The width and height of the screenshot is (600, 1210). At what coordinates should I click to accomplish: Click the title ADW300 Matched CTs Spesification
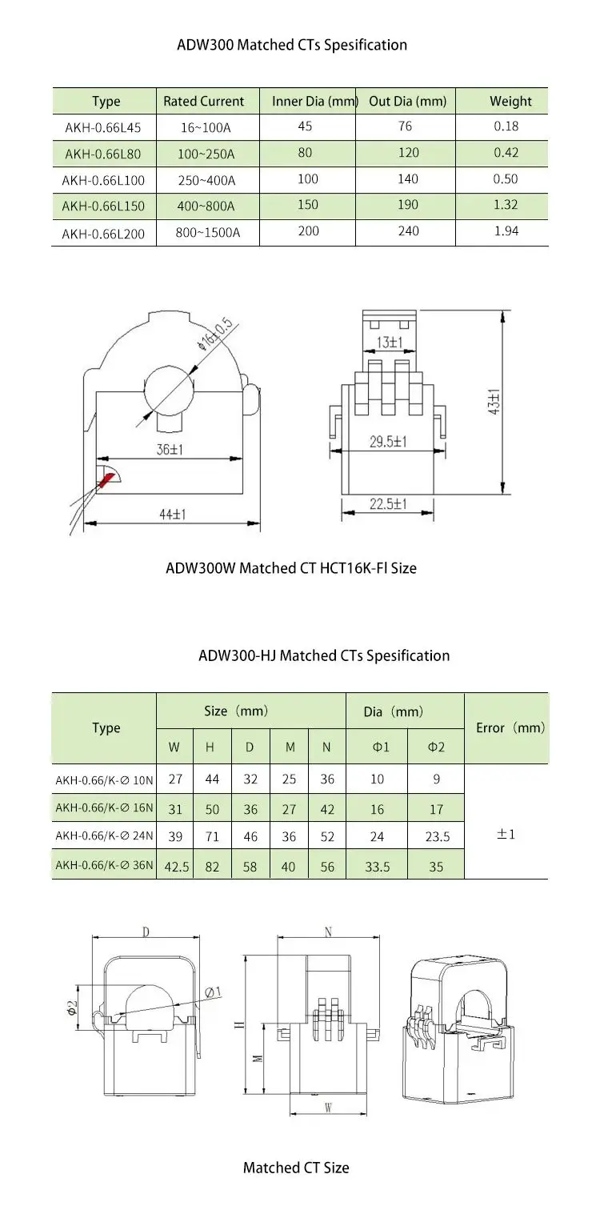[x=292, y=45]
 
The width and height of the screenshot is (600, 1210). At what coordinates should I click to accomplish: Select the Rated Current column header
[x=203, y=102]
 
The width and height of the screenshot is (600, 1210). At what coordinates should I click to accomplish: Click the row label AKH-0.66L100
[x=105, y=180]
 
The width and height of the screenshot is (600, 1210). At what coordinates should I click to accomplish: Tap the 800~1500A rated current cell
[x=208, y=234]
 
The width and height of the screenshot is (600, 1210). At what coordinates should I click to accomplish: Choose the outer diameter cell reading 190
[x=407, y=205]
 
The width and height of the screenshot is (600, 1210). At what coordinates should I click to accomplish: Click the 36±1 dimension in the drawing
[x=169, y=450]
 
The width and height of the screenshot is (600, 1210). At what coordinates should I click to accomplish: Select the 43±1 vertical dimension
[x=495, y=400]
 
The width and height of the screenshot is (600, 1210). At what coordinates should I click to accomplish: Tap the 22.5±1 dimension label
[x=388, y=503]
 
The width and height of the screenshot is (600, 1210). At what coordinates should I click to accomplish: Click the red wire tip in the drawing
[x=106, y=479]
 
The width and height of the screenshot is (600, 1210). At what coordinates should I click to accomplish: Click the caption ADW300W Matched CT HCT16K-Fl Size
[x=291, y=568]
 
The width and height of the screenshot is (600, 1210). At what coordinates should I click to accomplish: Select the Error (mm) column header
[x=510, y=727]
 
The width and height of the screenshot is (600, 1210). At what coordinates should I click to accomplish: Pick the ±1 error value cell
[x=506, y=834]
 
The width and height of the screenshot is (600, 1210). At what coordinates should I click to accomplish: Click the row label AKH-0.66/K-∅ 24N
[x=104, y=836]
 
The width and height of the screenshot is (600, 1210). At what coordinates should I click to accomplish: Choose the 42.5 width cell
[x=176, y=865]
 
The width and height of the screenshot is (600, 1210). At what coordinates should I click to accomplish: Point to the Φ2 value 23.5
[x=436, y=837]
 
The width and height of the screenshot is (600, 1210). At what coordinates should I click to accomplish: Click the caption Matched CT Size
[x=296, y=1168]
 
